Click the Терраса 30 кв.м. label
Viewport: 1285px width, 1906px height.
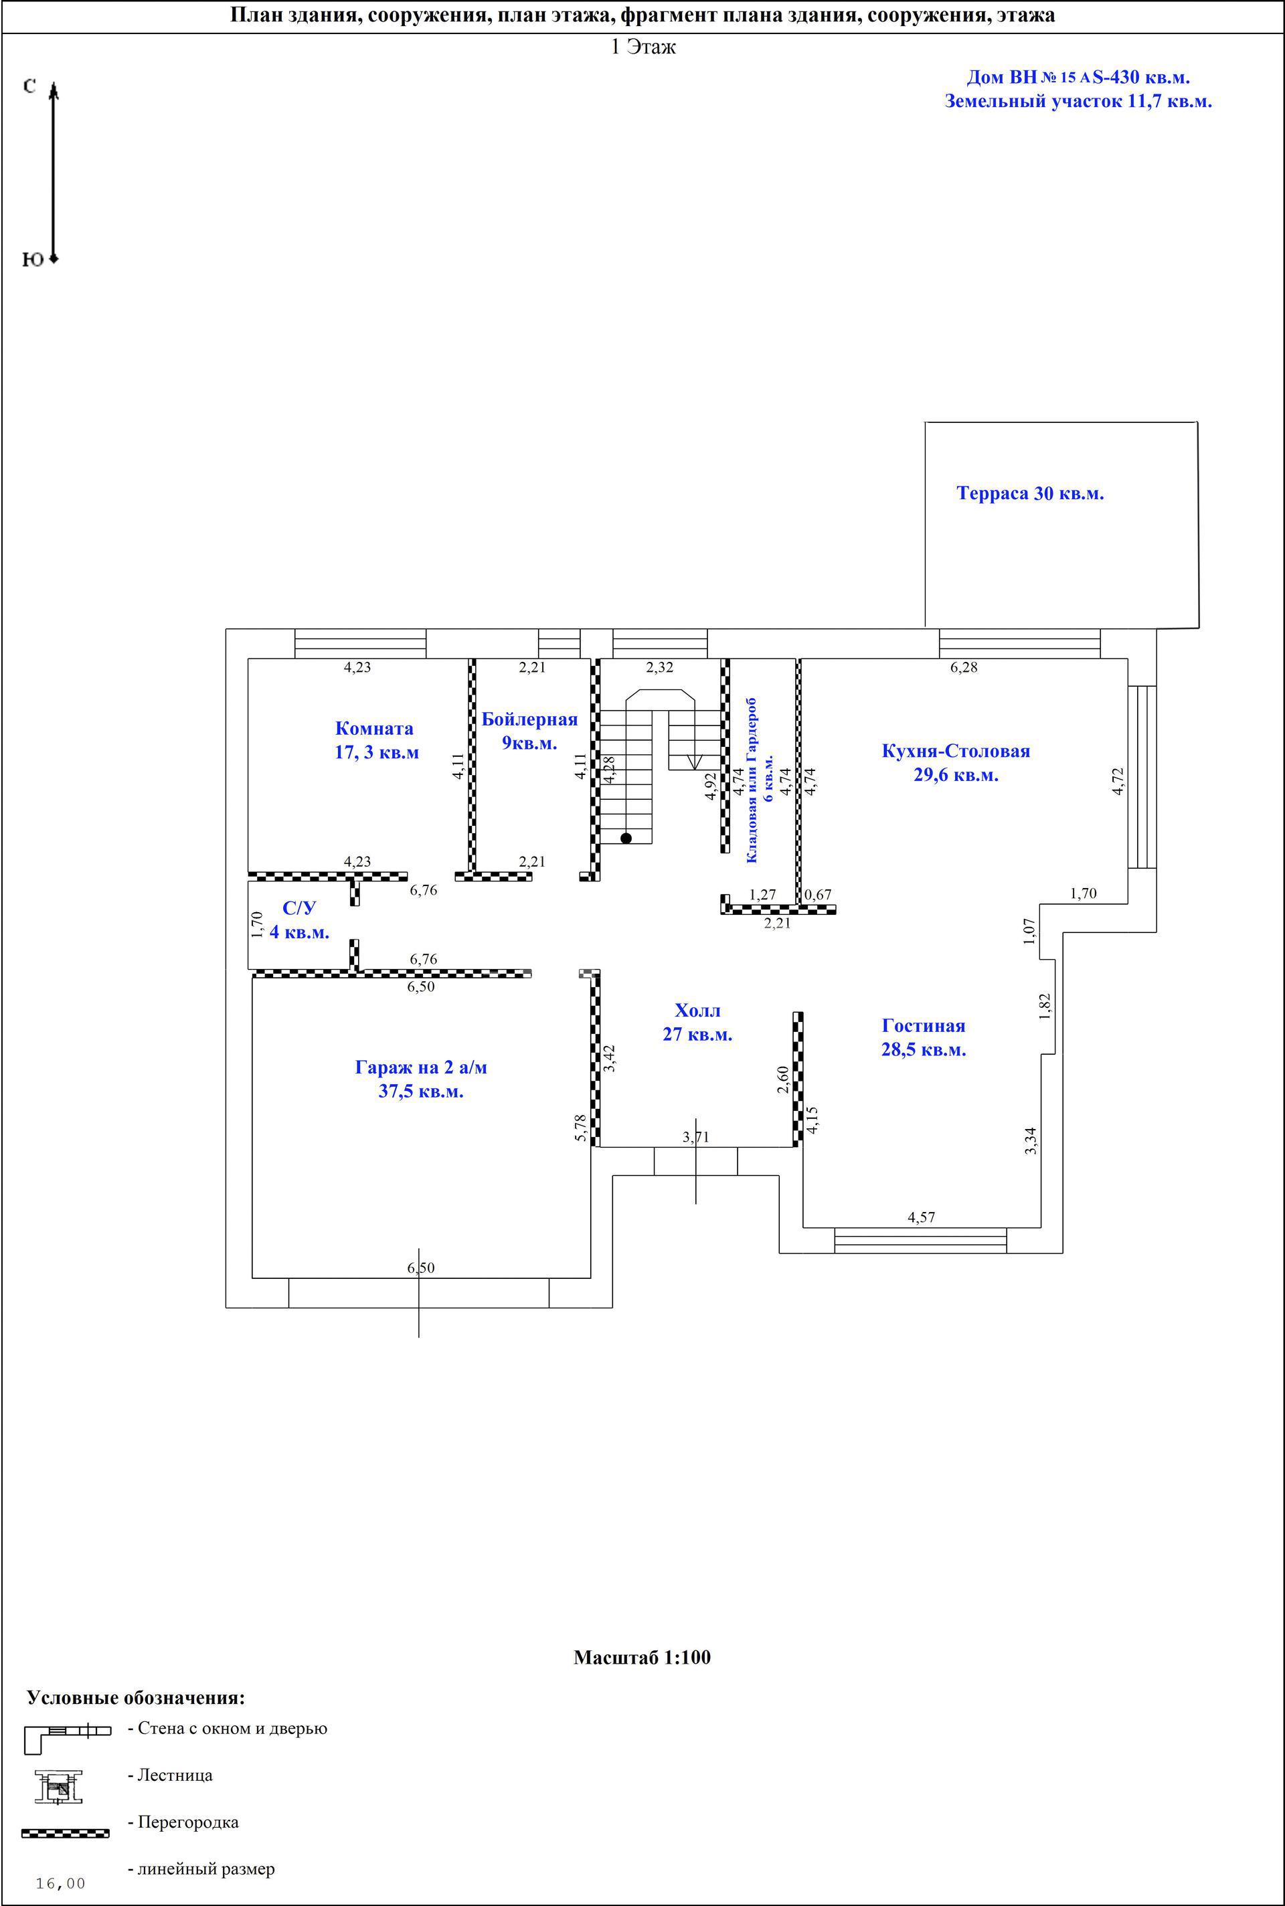(x=1030, y=493)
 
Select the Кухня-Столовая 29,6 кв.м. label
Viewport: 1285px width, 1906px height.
(x=956, y=763)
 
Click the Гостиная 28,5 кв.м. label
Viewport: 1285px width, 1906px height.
(x=924, y=1037)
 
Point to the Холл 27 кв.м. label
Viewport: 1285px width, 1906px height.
(x=697, y=1022)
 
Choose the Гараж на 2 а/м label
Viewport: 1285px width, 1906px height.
(x=421, y=1067)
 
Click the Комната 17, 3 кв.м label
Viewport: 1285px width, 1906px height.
(x=376, y=740)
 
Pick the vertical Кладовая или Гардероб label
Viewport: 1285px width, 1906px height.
(x=752, y=780)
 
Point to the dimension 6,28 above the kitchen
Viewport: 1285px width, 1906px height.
(x=964, y=667)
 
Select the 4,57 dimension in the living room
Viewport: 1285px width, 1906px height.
(x=921, y=1217)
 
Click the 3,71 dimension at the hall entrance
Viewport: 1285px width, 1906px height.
(x=696, y=1136)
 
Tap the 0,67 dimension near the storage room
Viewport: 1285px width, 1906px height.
(x=818, y=895)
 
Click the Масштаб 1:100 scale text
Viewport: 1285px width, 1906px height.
(x=642, y=1658)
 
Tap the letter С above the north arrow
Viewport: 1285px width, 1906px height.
(x=29, y=86)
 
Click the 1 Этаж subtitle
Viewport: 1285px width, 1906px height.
(x=643, y=47)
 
